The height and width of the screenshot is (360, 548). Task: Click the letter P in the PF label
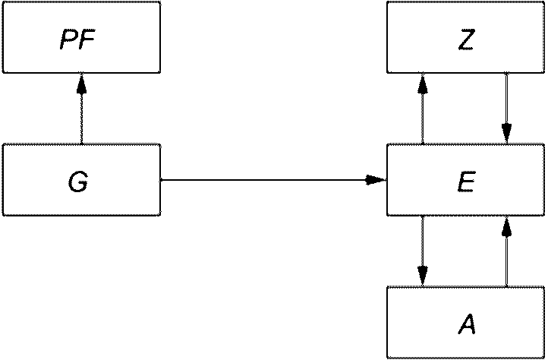68,40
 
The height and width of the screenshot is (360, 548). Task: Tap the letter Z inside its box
466,40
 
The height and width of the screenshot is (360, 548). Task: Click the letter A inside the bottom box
467,325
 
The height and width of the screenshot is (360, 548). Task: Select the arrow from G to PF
81,109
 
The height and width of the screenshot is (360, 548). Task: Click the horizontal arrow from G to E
273,180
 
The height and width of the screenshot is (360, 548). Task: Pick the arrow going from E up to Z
423,109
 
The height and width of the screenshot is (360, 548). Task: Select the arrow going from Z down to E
506,109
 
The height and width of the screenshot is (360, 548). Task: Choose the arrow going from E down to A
423,251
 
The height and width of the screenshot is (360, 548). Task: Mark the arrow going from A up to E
506,251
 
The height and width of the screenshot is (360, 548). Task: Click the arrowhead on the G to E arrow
376,180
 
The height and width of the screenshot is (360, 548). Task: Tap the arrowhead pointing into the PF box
81,84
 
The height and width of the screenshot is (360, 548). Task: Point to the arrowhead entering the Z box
423,84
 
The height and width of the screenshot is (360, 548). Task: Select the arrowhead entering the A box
423,276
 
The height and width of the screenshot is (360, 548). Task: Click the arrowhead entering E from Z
506,134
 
